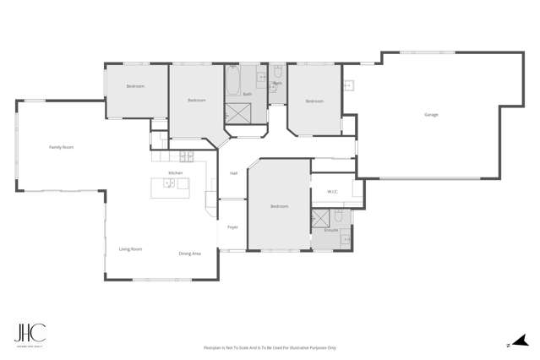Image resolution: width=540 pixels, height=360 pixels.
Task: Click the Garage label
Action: (430, 114)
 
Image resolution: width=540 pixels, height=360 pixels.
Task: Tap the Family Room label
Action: (61, 147)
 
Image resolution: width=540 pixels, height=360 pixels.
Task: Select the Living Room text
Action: (130, 248)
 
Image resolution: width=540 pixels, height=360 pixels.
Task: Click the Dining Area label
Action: (189, 254)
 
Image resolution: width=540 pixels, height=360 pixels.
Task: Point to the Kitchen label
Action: (175, 172)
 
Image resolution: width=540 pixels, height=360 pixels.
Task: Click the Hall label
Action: (233, 173)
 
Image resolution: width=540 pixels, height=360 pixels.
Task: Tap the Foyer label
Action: (232, 226)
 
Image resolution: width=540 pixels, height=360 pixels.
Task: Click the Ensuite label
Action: (330, 230)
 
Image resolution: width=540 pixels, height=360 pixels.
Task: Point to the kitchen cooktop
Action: (185, 155)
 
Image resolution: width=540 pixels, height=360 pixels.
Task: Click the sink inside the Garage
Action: (347, 85)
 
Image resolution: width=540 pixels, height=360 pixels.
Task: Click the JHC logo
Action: (30, 334)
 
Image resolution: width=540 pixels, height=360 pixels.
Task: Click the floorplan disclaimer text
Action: (270, 347)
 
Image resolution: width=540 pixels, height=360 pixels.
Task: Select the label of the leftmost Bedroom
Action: (135, 86)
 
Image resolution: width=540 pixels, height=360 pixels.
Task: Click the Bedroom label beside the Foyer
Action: (279, 206)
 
